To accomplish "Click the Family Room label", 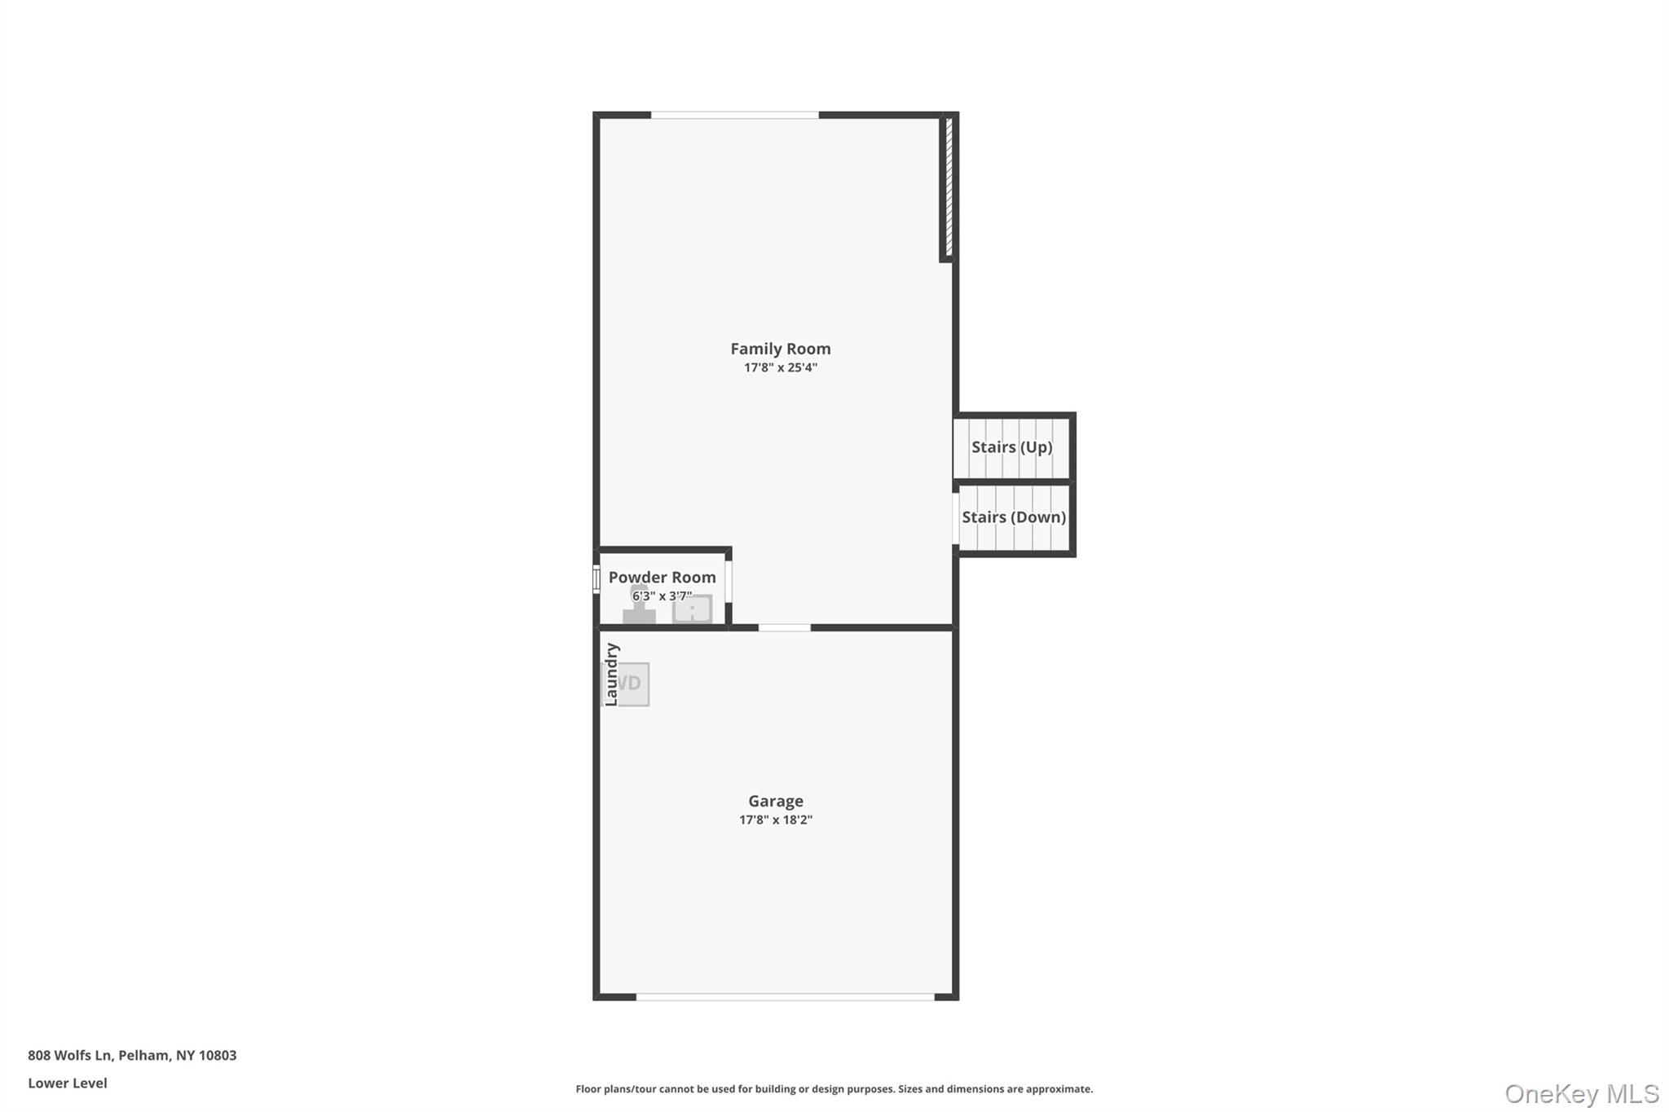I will point(780,349).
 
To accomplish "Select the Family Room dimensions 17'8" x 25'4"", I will point(780,367).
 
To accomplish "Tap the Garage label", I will point(775,801).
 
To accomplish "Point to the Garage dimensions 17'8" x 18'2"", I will point(775,820).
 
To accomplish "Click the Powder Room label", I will point(662,577).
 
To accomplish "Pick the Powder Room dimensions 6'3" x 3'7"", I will point(662,596).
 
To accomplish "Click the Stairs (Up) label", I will point(1011,446).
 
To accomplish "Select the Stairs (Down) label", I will point(1014,516).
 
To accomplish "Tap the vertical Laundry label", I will point(611,675).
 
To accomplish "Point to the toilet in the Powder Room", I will point(639,607).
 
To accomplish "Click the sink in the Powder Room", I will point(692,609).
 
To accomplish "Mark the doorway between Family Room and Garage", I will point(784,627).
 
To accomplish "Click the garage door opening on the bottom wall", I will point(785,996).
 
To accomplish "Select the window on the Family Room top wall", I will point(734,116).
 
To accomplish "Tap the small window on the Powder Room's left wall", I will point(597,579).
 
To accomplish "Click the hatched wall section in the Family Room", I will point(949,187).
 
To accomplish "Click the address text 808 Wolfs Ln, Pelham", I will point(132,1055).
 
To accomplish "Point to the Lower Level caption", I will point(68,1083).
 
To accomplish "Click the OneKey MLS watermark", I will point(1581,1093).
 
